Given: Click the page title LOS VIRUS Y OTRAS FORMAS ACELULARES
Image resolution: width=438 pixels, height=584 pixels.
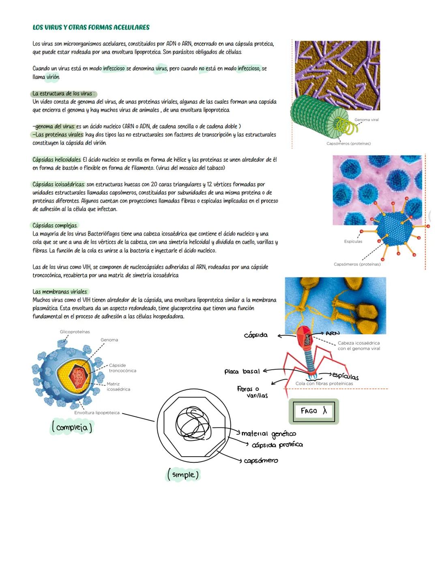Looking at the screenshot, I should [x=91, y=28].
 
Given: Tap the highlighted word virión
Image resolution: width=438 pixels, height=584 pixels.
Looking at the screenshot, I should [x=53, y=77].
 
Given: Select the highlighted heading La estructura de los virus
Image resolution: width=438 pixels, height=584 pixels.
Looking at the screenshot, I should [x=63, y=94].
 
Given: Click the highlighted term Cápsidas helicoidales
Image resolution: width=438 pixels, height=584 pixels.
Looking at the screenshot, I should [x=57, y=160].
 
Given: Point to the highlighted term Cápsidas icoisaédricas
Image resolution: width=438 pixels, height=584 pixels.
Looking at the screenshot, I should [x=58, y=185].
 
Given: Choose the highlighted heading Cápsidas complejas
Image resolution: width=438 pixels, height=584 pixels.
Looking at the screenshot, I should [x=54, y=225].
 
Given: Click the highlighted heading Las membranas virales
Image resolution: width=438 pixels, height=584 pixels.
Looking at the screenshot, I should [x=60, y=292].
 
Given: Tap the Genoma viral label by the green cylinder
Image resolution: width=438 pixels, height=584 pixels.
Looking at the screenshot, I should [x=366, y=120].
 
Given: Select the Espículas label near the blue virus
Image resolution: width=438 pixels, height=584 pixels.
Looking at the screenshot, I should [x=353, y=241].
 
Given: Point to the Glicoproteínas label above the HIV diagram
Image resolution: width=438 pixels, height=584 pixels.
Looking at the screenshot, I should [x=75, y=332].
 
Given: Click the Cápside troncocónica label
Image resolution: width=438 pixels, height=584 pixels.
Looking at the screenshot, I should [x=122, y=368].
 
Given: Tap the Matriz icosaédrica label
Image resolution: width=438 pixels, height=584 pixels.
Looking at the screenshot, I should [x=118, y=386].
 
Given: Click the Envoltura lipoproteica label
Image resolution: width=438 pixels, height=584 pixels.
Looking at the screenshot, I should [x=97, y=413].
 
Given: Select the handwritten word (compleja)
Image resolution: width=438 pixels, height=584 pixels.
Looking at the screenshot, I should [x=72, y=427].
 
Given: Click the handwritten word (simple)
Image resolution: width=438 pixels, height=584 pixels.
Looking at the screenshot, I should [x=183, y=474].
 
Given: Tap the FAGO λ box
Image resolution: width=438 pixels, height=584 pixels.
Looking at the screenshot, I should [x=314, y=411].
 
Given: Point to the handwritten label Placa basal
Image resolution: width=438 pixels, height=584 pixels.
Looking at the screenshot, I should [x=242, y=371].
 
